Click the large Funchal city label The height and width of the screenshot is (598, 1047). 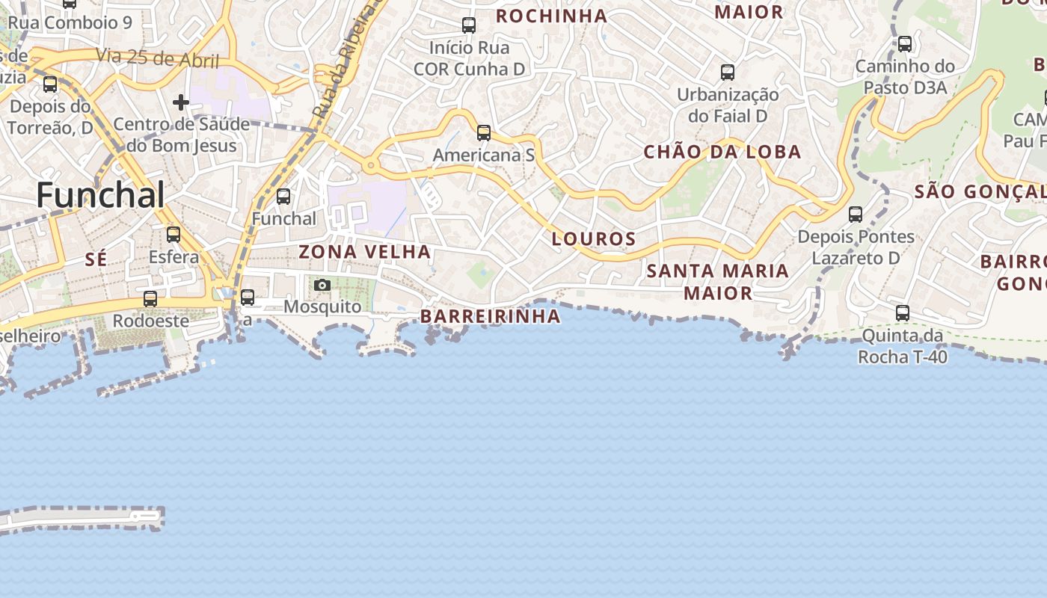(x=100, y=196)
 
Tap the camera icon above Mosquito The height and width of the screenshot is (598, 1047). (x=322, y=285)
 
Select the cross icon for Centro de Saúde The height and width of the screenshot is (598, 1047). (x=181, y=102)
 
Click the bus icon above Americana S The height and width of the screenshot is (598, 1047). (x=484, y=133)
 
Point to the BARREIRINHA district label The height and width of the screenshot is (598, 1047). (x=490, y=316)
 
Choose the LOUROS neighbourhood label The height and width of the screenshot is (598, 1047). (x=594, y=239)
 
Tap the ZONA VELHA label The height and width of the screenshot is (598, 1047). (x=364, y=252)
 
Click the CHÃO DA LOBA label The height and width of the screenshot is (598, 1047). (x=722, y=152)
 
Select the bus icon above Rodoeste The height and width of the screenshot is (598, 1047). (x=150, y=299)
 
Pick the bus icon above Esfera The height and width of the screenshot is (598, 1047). (x=174, y=235)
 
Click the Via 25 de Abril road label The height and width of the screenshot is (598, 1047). (x=157, y=58)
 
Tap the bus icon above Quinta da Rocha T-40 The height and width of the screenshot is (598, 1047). (x=903, y=313)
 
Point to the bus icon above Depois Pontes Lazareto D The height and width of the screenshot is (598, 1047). (x=856, y=215)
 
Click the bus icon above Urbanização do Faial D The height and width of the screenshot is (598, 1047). (x=728, y=73)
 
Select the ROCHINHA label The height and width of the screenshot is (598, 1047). (x=551, y=16)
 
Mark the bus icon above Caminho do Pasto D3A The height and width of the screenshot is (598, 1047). (x=905, y=44)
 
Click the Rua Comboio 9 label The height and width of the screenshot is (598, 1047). (x=70, y=22)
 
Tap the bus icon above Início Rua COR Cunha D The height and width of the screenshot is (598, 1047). (x=469, y=25)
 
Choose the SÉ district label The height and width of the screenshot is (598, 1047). (x=96, y=259)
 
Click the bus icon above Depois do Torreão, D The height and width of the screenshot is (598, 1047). (x=50, y=84)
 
